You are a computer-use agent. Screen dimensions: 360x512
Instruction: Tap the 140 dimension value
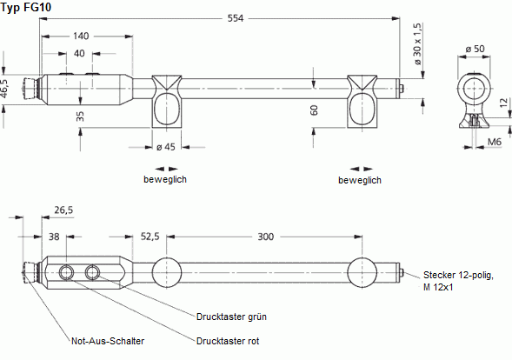coord(80,37)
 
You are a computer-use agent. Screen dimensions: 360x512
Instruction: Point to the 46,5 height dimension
coord(5,87)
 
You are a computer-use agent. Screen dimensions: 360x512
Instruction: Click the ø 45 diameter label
coord(165,146)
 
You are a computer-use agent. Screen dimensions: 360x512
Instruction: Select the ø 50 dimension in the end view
coord(475,48)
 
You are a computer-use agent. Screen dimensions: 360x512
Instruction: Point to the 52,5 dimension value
coord(150,236)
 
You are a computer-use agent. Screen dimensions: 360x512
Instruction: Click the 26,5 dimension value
coord(63,209)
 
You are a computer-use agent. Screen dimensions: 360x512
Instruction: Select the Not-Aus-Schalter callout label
coord(108,341)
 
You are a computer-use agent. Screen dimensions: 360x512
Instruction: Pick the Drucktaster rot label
coord(228,341)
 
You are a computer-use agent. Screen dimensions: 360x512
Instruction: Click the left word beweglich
coord(165,180)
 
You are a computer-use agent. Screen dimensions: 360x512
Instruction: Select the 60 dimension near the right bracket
coord(315,110)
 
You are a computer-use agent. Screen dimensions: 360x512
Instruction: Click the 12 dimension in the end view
coord(502,103)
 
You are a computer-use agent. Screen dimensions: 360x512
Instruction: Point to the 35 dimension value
coord(80,115)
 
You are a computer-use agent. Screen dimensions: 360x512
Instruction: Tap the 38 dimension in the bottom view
coord(55,236)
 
